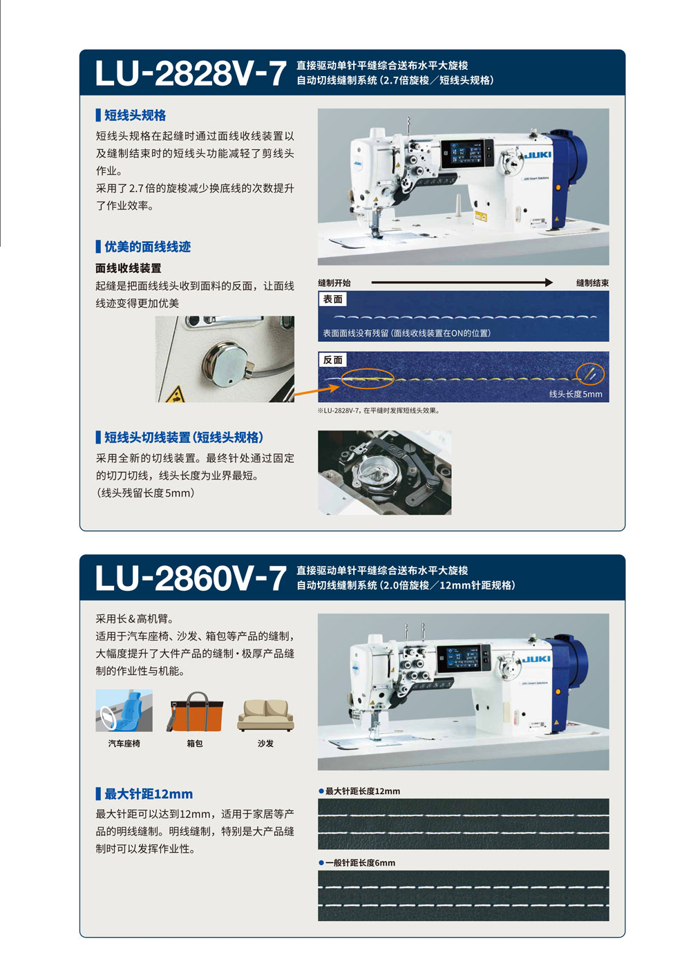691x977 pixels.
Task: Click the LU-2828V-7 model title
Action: click(190, 73)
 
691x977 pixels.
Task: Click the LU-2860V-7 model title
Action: click(190, 578)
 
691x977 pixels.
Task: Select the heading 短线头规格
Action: click(135, 115)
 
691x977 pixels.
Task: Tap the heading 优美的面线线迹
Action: click(147, 247)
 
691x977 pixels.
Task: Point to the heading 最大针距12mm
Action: click(149, 794)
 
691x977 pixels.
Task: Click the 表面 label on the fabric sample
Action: click(332, 299)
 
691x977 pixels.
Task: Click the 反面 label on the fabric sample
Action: click(332, 360)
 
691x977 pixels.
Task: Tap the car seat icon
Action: click(124, 710)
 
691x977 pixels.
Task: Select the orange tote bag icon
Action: click(195, 712)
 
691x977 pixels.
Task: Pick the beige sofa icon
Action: click(265, 715)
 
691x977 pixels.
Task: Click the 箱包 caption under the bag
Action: click(195, 743)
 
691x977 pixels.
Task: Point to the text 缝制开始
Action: click(334, 283)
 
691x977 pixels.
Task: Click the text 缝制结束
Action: click(592, 283)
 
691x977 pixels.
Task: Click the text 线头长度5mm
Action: click(576, 394)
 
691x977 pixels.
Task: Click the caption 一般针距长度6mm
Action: click(360, 863)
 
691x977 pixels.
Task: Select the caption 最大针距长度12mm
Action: click(363, 790)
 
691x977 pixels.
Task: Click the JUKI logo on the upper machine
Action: click(538, 155)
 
